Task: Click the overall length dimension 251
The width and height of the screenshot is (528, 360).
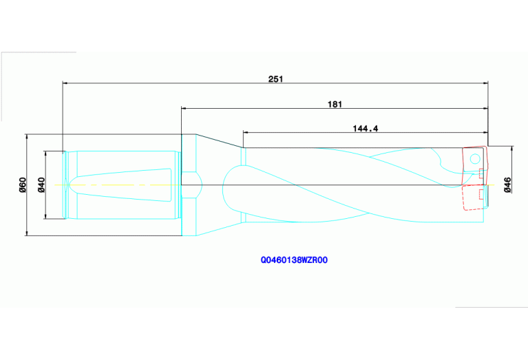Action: pyautogui.click(x=275, y=79)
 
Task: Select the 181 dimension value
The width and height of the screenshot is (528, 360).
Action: pyautogui.click(x=335, y=104)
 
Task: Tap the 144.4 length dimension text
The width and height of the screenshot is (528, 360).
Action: pyautogui.click(x=366, y=129)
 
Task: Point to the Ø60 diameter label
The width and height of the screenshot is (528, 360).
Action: pyautogui.click(x=22, y=185)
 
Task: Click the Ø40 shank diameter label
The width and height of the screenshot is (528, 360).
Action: pyautogui.click(x=41, y=184)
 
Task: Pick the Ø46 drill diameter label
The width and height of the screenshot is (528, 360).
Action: pyautogui.click(x=507, y=185)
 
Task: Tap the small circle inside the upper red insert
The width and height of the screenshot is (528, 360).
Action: pyautogui.click(x=474, y=160)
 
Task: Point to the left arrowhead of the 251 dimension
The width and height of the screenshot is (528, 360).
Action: pyautogui.click(x=65, y=83)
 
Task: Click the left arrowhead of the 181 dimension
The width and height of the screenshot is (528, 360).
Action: pyautogui.click(x=184, y=108)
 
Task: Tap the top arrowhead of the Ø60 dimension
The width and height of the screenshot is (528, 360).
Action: pyautogui.click(x=26, y=136)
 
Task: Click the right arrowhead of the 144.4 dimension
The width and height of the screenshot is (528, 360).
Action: pyautogui.click(x=485, y=133)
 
